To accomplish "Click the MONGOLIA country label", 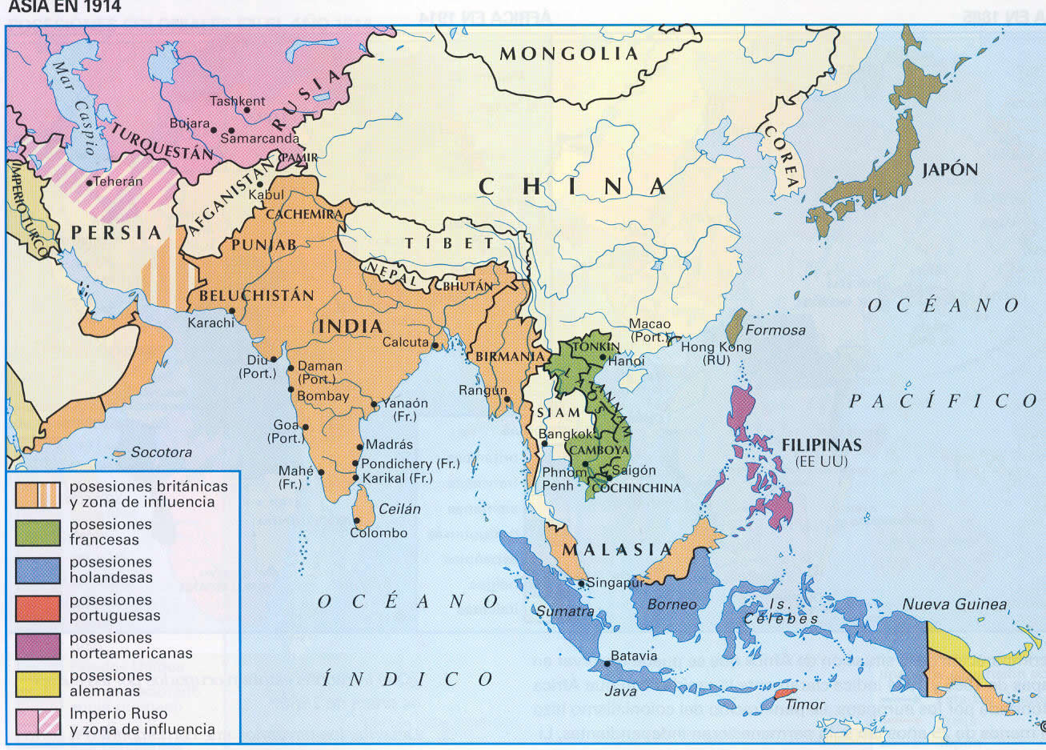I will (x=568, y=54).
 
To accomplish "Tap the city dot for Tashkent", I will (x=247, y=110).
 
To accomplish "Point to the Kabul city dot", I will (x=259, y=184).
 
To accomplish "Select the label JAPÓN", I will (x=950, y=170).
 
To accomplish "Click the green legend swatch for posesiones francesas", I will (x=38, y=532).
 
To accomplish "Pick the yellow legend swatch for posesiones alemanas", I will (x=38, y=684).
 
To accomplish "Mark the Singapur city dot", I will (x=582, y=583).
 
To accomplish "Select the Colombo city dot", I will (x=355, y=521).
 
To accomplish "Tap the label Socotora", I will (x=161, y=452).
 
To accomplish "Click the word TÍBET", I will (x=449, y=243).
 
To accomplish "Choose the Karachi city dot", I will (x=231, y=311).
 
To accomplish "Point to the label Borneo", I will (x=672, y=604).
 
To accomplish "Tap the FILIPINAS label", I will (x=821, y=445).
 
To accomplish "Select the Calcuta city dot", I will (x=435, y=346).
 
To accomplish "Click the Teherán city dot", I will (x=89, y=182).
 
